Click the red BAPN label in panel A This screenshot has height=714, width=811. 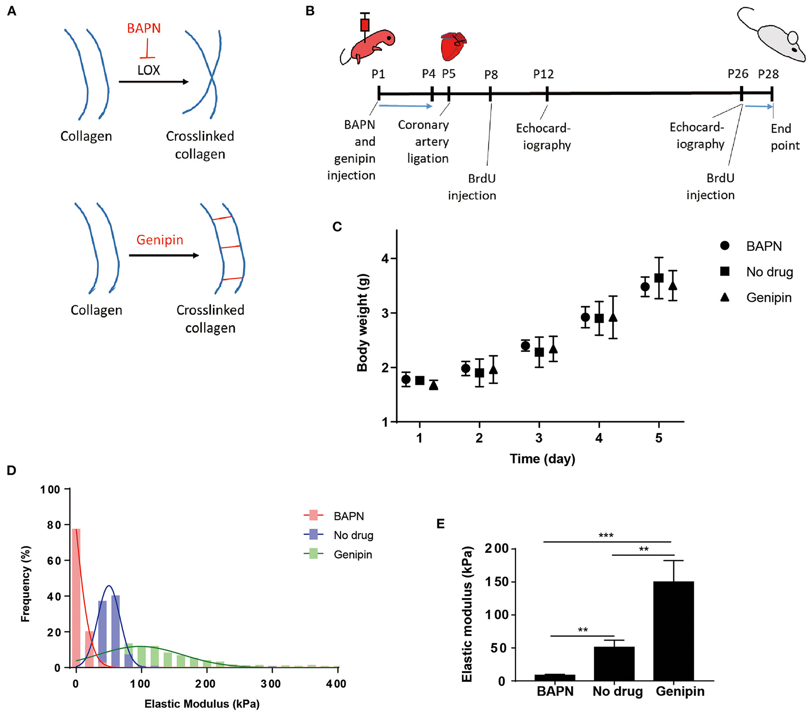click(x=144, y=28)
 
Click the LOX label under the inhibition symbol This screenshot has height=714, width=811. click(x=148, y=70)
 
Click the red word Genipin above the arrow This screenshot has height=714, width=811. click(x=159, y=240)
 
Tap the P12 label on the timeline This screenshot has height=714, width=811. click(x=543, y=74)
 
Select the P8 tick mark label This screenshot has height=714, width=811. click(x=491, y=75)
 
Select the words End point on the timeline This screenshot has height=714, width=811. click(x=784, y=137)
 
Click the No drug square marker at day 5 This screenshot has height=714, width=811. click(x=659, y=278)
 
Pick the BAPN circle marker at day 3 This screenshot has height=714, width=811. click(x=525, y=346)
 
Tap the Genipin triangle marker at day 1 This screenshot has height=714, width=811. click(x=433, y=385)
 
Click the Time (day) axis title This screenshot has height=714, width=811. click(x=542, y=459)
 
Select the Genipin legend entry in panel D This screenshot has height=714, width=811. click(x=352, y=554)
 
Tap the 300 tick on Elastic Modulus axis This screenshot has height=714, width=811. click(x=271, y=684)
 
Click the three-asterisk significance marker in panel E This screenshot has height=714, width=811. click(x=606, y=535)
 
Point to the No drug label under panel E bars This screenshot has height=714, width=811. click(x=617, y=691)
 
